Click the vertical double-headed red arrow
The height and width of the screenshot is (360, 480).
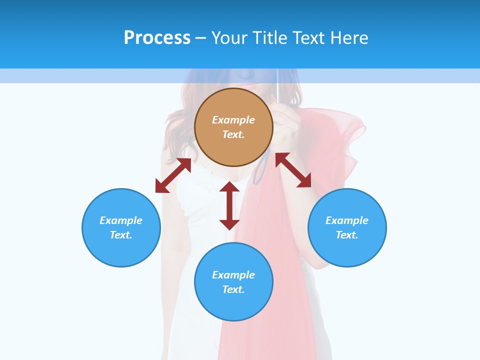pyautogui.click(x=229, y=205)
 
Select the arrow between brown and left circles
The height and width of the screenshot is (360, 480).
pyautogui.click(x=173, y=175)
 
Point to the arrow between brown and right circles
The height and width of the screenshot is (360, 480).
pyautogui.click(x=293, y=170)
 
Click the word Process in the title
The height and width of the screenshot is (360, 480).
pyautogui.click(x=157, y=37)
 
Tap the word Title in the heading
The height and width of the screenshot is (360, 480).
pyautogui.click(x=271, y=37)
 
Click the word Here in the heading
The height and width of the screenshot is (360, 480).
pyautogui.click(x=348, y=37)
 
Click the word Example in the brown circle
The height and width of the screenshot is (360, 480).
pyautogui.click(x=233, y=120)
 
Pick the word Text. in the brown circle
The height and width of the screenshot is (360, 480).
pyautogui.click(x=233, y=134)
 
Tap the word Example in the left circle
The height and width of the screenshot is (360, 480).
pyautogui.click(x=121, y=220)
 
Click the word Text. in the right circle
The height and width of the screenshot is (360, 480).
pyautogui.click(x=347, y=235)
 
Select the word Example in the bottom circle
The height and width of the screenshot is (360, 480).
pyautogui.click(x=233, y=275)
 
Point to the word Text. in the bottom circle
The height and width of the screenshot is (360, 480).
pyautogui.click(x=233, y=289)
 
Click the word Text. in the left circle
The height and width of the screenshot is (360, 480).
pyautogui.click(x=121, y=235)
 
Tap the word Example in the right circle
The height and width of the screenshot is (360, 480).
pyautogui.click(x=347, y=220)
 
